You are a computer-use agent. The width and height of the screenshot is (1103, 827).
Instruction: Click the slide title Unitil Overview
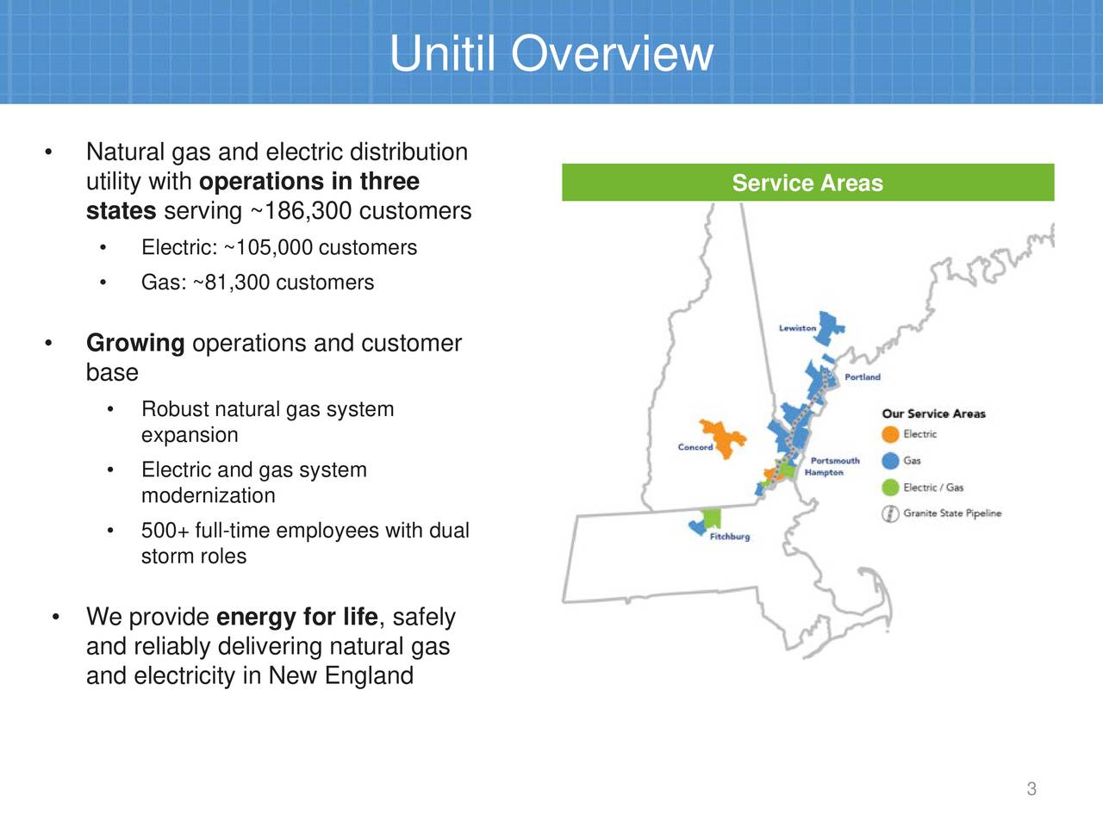pyautogui.click(x=551, y=53)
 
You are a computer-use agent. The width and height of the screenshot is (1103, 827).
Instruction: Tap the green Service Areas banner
pyautogui.click(x=807, y=183)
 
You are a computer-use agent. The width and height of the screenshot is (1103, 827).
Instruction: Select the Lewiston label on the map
pyautogui.click(x=797, y=328)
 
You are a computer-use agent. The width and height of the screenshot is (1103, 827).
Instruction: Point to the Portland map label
pyautogui.click(x=863, y=376)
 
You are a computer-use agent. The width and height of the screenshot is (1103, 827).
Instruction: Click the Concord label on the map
pyautogui.click(x=695, y=446)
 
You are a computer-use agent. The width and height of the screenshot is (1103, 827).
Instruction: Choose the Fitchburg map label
pyautogui.click(x=730, y=537)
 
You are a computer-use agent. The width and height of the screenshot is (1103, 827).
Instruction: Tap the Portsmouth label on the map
pyautogui.click(x=835, y=460)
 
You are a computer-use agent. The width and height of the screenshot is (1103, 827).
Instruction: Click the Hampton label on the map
pyautogui.click(x=824, y=472)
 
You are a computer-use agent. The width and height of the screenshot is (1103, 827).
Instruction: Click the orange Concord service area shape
pyautogui.click(x=724, y=438)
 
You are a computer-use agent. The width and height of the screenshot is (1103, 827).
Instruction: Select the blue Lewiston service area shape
pyautogui.click(x=827, y=328)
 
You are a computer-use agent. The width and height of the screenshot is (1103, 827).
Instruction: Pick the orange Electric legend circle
pyautogui.click(x=890, y=434)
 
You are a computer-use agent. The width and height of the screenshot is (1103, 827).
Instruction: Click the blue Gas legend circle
pyautogui.click(x=890, y=460)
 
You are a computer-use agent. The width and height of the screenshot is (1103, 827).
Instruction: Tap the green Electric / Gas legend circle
pyautogui.click(x=890, y=487)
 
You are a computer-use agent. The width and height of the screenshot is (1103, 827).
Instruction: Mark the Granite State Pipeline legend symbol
pyautogui.click(x=890, y=513)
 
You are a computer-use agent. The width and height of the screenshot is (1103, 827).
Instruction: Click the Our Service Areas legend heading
pyautogui.click(x=933, y=413)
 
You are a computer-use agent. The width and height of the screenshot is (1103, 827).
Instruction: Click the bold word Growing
pyautogui.click(x=135, y=344)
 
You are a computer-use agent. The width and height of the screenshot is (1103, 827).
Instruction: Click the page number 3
pyautogui.click(x=1031, y=789)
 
